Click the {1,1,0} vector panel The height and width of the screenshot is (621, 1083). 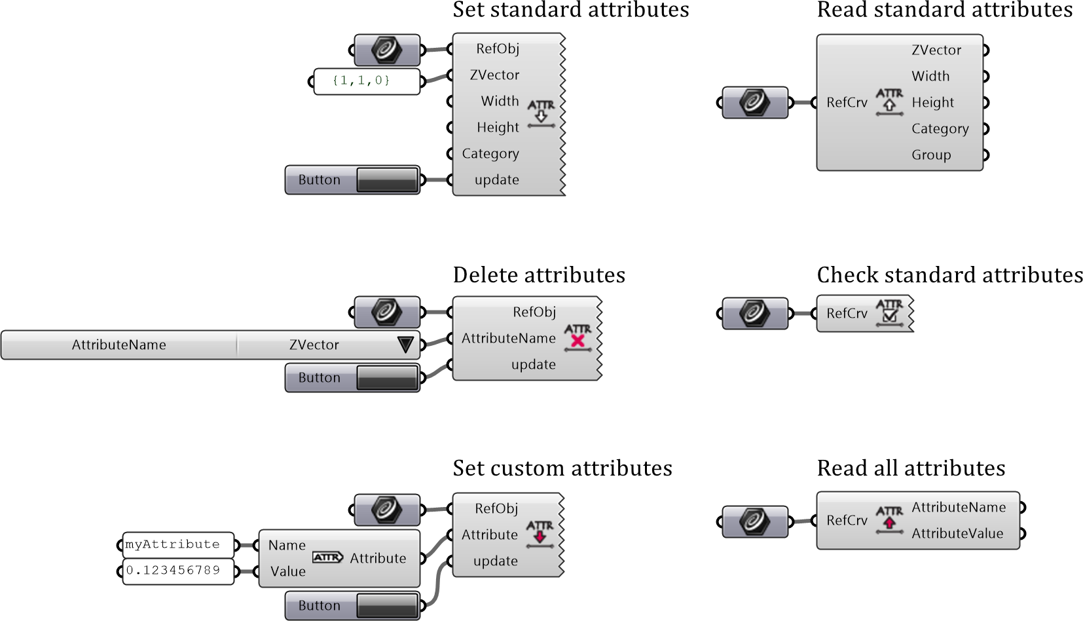pos(366,81)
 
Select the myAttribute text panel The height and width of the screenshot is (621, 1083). pos(178,544)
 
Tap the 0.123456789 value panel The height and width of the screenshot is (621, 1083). pos(178,571)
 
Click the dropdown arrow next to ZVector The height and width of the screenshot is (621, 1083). pos(405,345)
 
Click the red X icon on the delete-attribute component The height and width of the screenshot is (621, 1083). pos(578,341)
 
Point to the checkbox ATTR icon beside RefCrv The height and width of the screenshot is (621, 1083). pos(889,313)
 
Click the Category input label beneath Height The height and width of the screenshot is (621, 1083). pos(490,153)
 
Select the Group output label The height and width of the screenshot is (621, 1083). pos(931,155)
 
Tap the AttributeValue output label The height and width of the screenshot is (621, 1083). pos(957,533)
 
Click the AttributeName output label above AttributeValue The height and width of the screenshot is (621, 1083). pos(959,507)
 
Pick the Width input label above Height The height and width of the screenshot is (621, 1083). pos(500,101)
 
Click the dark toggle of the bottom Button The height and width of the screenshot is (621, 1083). pos(387,605)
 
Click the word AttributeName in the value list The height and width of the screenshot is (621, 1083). pos(119,345)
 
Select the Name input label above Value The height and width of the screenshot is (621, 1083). pos(287,545)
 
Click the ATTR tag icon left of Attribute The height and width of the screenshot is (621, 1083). pos(327,557)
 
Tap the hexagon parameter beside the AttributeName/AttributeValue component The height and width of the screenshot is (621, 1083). pos(755,521)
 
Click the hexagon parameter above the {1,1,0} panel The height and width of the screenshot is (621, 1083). pos(387,50)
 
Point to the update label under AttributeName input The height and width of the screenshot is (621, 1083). pos(533,364)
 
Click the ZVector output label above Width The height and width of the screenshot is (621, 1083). pos(936,50)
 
